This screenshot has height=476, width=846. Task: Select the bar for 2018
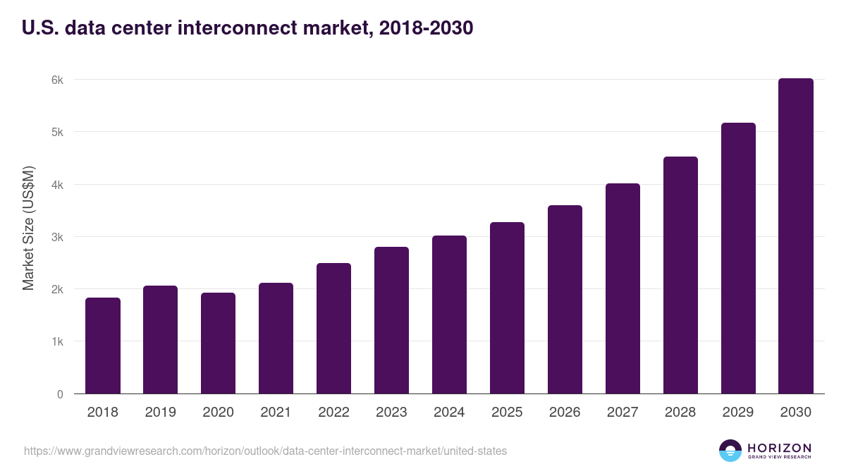103,346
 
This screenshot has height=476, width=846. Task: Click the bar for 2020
218,343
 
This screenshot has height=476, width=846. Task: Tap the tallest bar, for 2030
796,236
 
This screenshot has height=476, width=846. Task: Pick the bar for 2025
507,308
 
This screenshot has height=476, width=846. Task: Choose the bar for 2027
623,288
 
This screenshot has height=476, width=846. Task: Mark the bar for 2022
333,329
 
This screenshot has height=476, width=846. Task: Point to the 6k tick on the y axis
57,80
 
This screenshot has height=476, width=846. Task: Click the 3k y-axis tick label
57,237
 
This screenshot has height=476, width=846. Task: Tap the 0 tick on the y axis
60,394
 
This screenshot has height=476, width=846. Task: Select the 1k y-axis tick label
57,342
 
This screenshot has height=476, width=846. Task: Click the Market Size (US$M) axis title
29,228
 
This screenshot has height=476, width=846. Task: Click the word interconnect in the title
246,28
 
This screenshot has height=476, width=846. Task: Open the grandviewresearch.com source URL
265,451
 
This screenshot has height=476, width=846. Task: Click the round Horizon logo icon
730,451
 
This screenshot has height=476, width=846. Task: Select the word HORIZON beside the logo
779,448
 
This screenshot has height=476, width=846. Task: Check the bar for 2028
680,275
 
